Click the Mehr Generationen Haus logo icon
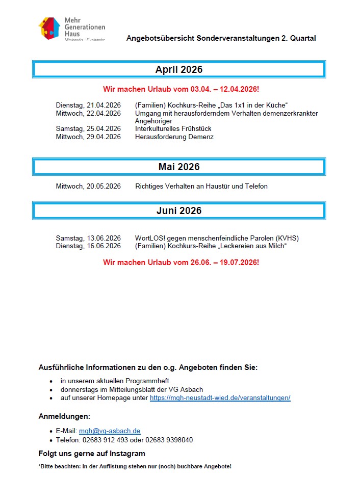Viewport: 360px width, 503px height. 50,29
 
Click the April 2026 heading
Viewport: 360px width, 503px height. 179,70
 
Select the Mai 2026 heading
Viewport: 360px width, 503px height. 179,167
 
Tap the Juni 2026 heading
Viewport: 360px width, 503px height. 179,211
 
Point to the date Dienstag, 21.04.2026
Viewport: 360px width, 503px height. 88,105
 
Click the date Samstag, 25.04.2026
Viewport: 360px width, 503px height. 88,129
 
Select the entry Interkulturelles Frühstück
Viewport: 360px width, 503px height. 173,129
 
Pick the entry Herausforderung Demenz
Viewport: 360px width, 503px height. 174,137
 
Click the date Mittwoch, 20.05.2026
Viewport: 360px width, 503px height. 88,187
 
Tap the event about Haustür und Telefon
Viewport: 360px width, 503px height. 201,187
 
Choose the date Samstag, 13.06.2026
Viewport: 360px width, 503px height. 88,239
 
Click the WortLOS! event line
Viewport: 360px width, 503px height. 217,239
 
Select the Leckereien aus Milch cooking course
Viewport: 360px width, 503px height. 211,246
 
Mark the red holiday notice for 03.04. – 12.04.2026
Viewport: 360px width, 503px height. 181,89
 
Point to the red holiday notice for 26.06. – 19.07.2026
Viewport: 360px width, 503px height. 181,262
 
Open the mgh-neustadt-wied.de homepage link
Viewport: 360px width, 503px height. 220,398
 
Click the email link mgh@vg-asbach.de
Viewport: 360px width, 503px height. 110,431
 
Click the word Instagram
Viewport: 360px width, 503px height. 126,454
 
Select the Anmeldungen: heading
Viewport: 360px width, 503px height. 64,416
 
